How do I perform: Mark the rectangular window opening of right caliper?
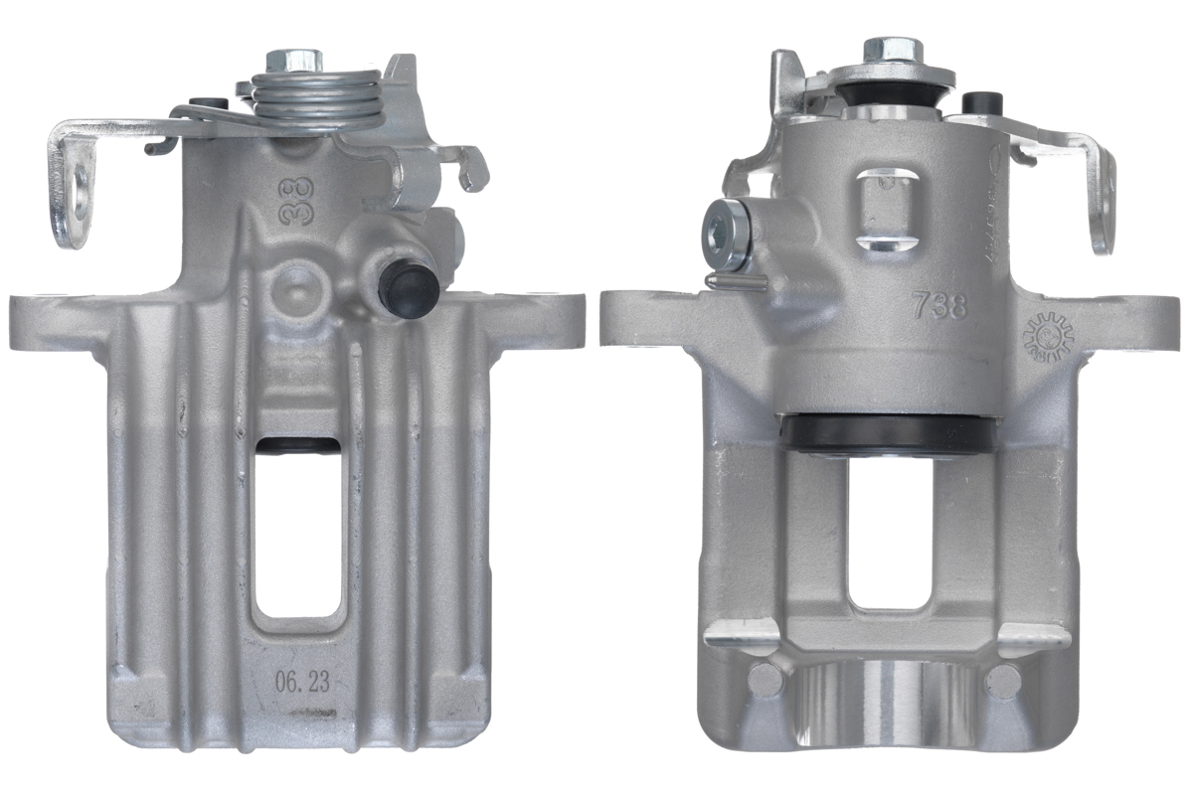click(x=890, y=532)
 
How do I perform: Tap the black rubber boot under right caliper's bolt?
click(x=889, y=96)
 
